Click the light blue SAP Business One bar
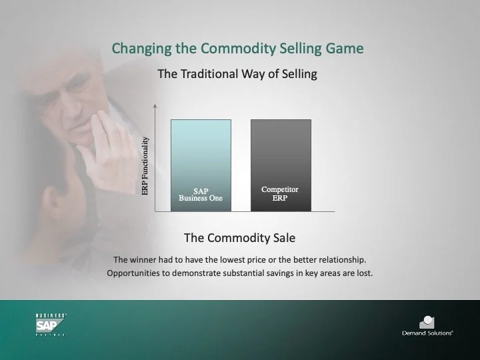201,153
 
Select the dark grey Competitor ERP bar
281,153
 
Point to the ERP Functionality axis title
145,166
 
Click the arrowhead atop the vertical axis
155,106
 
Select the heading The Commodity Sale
239,237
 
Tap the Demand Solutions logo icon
427,322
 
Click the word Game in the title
347,49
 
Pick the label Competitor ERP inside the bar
280,194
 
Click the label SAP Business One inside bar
201,195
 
